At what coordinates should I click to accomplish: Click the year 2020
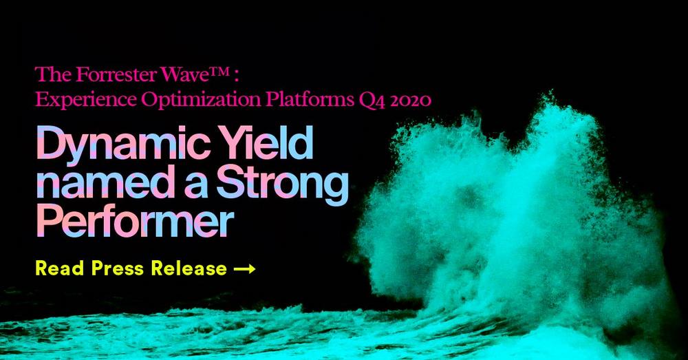tap(411, 100)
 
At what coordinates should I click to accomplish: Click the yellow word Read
tap(60, 268)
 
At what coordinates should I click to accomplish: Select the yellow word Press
tap(118, 268)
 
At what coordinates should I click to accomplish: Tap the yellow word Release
tap(189, 268)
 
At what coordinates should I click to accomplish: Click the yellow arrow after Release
tap(244, 268)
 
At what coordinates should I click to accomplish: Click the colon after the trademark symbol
tap(236, 76)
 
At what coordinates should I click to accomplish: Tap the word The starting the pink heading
tap(54, 75)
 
